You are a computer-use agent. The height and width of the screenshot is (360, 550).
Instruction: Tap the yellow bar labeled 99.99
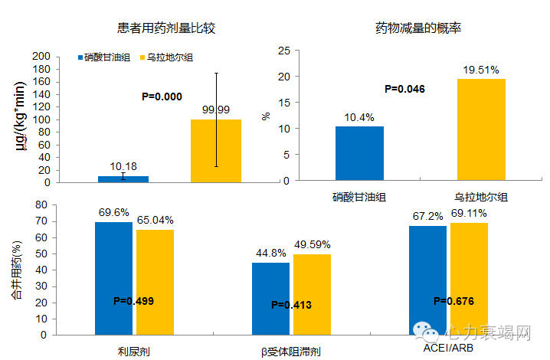pos(216,151)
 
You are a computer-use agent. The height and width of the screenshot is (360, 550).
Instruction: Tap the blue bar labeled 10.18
pos(123,179)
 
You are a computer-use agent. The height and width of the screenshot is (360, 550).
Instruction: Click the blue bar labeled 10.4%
pos(359,153)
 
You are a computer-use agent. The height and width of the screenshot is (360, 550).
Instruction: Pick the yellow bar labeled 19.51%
pos(481,129)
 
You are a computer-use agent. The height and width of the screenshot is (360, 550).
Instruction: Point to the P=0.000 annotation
pos(162,97)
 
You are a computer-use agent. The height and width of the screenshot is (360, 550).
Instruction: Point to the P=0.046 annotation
pos(404,89)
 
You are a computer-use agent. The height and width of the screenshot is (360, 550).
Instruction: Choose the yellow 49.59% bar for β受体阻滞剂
pos(311,294)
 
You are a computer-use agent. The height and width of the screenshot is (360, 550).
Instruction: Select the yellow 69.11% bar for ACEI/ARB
pos(469,279)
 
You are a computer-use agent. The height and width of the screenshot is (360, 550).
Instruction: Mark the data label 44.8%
pos(270,254)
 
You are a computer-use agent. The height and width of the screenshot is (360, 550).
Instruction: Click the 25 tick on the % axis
pos(284,51)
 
